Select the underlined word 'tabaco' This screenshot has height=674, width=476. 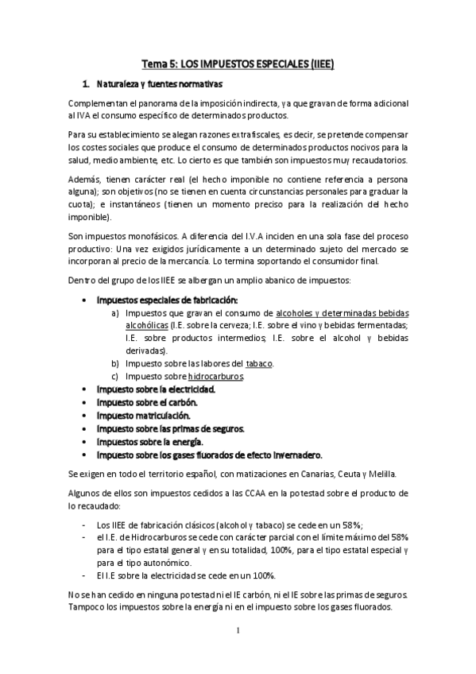tap(259, 363)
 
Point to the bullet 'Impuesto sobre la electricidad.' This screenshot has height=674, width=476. tap(156, 389)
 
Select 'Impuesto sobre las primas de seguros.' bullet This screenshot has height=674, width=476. tap(170, 428)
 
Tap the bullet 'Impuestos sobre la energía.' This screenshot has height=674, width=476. tap(149, 441)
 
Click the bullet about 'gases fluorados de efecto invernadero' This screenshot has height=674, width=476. tap(210, 455)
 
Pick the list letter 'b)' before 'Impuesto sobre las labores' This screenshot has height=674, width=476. tap(116, 363)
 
